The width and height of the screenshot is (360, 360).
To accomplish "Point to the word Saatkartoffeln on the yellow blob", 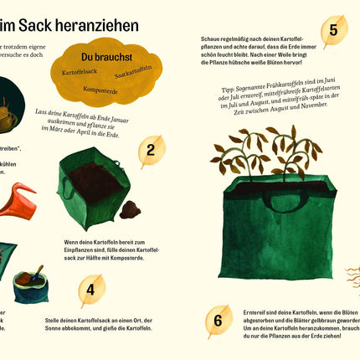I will point(134,75).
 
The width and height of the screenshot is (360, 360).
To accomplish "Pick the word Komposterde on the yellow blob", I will point(100,89).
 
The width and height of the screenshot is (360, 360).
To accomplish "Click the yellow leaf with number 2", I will point(151,152).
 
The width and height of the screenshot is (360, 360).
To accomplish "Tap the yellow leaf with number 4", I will point(90,290).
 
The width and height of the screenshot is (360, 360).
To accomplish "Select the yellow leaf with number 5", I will point(333,32).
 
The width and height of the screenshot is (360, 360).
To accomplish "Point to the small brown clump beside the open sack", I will point(131,209).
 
